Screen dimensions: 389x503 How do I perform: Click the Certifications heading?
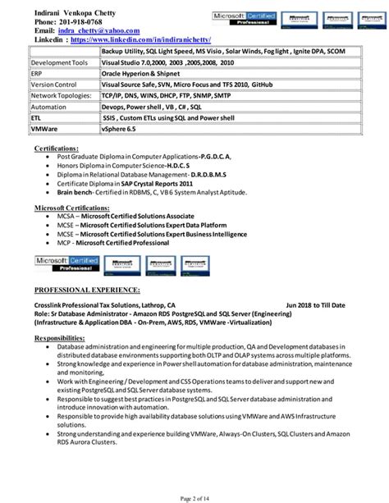tap(57, 148)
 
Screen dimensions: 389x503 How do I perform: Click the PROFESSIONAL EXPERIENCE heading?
tap(87, 290)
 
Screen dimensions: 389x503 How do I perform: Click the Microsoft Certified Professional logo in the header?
tap(246, 16)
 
